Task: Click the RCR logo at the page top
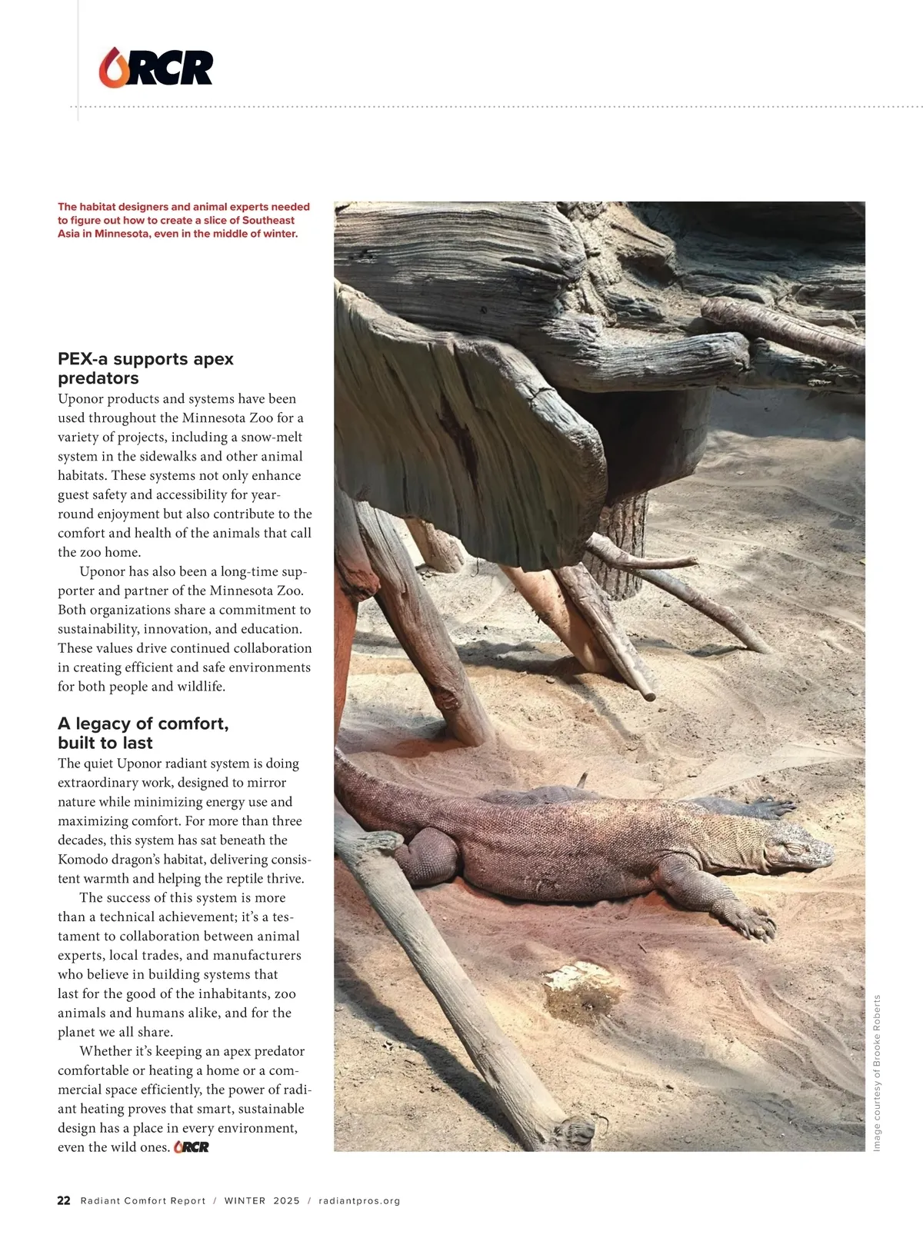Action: (x=155, y=67)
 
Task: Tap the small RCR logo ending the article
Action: (x=192, y=1147)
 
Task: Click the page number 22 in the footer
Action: (x=64, y=1200)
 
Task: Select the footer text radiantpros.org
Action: (x=359, y=1200)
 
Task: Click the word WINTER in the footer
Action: (x=245, y=1200)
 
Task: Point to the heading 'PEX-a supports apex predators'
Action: (x=145, y=368)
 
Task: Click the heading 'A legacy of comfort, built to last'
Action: (x=143, y=733)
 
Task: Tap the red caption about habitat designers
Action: (x=184, y=220)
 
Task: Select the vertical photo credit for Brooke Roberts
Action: (x=877, y=1073)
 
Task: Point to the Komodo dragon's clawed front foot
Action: (x=749, y=920)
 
